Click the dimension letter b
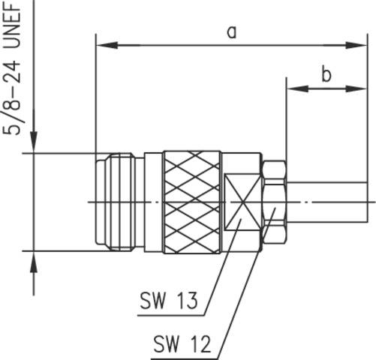pyautogui.click(x=326, y=73)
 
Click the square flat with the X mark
pyautogui.click(x=240, y=200)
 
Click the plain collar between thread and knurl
pyautogui.click(x=153, y=200)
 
